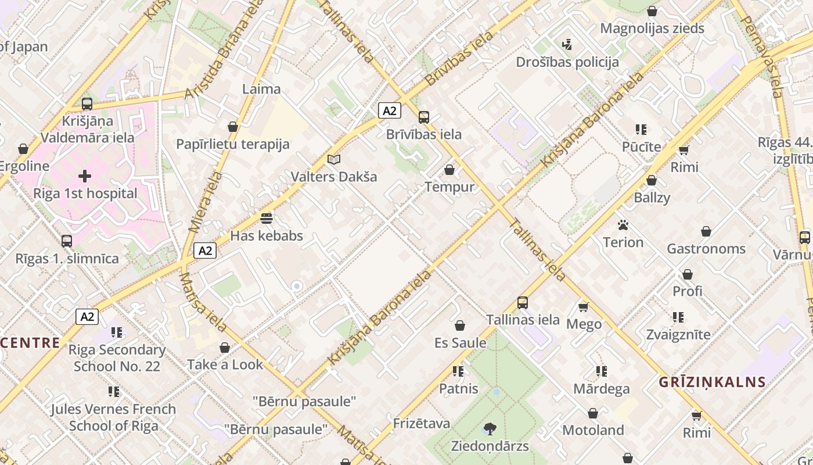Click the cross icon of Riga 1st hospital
pyautogui.click(x=85, y=176)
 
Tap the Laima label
pyautogui.click(x=261, y=89)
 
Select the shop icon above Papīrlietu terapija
pyautogui.click(x=233, y=127)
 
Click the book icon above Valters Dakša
pyautogui.click(x=333, y=159)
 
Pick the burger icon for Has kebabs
pyautogui.click(x=267, y=219)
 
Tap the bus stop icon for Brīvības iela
pyautogui.click(x=424, y=117)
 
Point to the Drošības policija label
pyautogui.click(x=567, y=62)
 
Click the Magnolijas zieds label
pyautogui.click(x=652, y=28)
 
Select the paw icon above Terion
pyautogui.click(x=623, y=224)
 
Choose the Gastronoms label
pyautogui.click(x=706, y=249)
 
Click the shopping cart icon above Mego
pyautogui.click(x=584, y=306)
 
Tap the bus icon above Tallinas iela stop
pyautogui.click(x=523, y=302)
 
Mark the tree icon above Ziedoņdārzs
pyautogui.click(x=490, y=429)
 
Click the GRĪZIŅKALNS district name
pyautogui.click(x=712, y=382)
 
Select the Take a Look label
pyautogui.click(x=225, y=364)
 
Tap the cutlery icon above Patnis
pyautogui.click(x=458, y=371)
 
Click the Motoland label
pyautogui.click(x=593, y=430)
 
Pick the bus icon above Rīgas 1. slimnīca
pyautogui.click(x=67, y=241)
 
